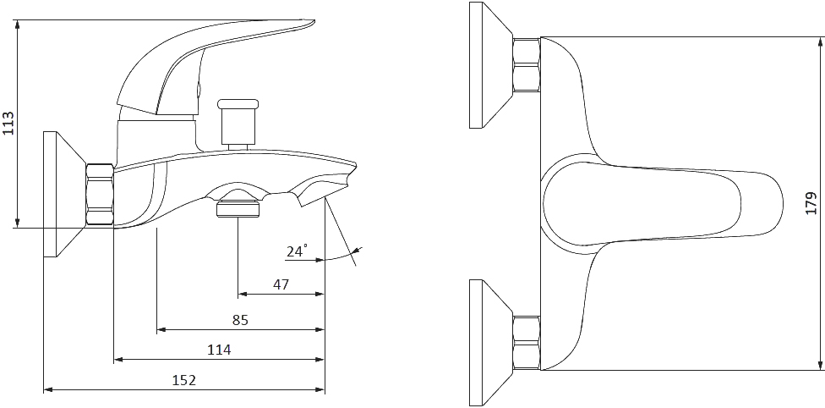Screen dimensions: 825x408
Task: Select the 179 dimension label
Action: pyautogui.click(x=811, y=203)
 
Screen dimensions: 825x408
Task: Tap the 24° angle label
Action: pyautogui.click(x=297, y=251)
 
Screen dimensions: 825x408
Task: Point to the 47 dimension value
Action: pyautogui.click(x=281, y=284)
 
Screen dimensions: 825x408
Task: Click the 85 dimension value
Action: pyautogui.click(x=240, y=320)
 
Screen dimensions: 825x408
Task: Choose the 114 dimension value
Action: pyautogui.click(x=220, y=350)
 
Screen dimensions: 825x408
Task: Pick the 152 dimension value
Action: pyautogui.click(x=184, y=380)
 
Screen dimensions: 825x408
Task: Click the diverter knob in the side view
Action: pyautogui.click(x=238, y=121)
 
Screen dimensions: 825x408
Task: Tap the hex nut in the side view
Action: pyautogui.click(x=100, y=196)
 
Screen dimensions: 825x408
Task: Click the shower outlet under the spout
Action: pyautogui.click(x=238, y=206)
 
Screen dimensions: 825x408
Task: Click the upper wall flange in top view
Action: pyautogui.click(x=489, y=65)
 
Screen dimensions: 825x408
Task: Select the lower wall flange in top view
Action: pyautogui.click(x=489, y=343)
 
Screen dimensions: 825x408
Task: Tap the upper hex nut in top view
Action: pyautogui.click(x=527, y=65)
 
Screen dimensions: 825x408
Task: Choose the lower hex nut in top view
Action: pyautogui.click(x=527, y=343)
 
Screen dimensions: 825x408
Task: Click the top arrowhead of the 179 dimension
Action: pyautogui.click(x=821, y=41)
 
